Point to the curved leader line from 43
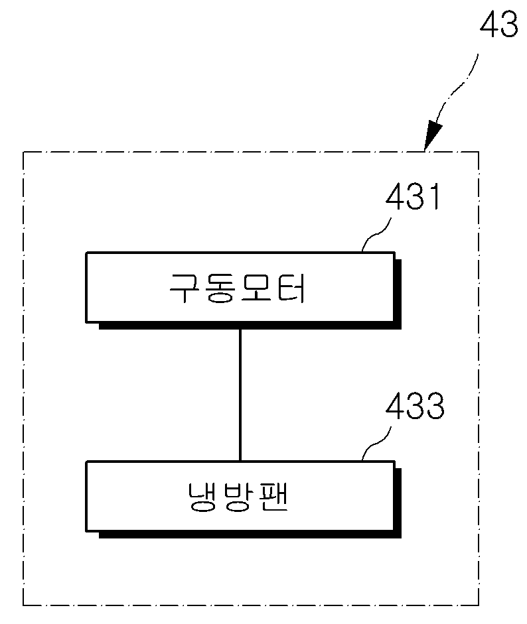point(457,89)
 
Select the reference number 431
point(413,196)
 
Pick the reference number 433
point(415,406)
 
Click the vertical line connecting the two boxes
point(240,395)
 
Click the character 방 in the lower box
point(238,497)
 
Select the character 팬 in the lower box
point(273,496)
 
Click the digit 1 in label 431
point(436,196)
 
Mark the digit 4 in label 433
point(395,406)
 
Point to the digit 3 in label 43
point(508,24)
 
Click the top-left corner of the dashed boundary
point(23,152)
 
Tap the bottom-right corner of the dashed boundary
point(479,605)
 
